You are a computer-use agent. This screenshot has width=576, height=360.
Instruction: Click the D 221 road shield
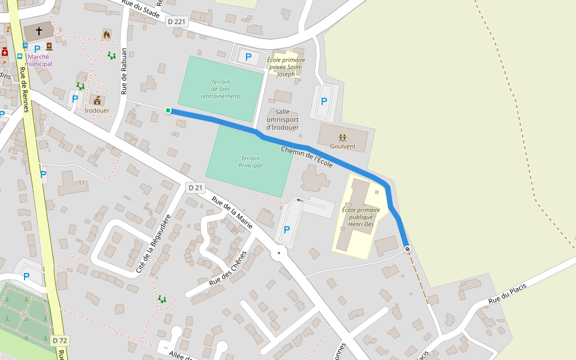point(176,22)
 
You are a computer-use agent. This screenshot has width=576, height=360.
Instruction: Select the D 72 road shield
point(59,340)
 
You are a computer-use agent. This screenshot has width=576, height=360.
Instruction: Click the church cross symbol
point(39,30)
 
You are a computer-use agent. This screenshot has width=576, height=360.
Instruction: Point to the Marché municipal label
point(40,60)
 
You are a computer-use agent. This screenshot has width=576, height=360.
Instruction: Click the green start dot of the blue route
point(168,110)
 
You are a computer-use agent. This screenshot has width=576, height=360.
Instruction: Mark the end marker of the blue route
point(407,248)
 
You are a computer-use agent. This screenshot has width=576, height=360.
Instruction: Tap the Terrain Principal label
point(251,161)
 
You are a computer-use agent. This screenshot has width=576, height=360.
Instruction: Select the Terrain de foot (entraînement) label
point(220,89)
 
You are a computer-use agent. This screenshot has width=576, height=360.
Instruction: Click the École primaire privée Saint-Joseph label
point(286,67)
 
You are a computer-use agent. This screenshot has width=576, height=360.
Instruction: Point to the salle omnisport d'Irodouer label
point(283,119)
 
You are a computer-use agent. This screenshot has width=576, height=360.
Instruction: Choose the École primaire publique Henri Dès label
point(361,217)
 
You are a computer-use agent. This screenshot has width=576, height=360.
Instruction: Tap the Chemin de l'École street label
point(307,155)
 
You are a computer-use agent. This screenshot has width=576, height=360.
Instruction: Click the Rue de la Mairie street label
point(232,212)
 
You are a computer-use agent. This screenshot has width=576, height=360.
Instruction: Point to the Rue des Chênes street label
point(228,268)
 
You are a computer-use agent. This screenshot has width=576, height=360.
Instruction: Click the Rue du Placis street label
point(507,293)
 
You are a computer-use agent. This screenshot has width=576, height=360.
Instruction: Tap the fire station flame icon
point(107,34)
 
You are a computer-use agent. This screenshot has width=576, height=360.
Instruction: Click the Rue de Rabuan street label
point(125,71)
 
